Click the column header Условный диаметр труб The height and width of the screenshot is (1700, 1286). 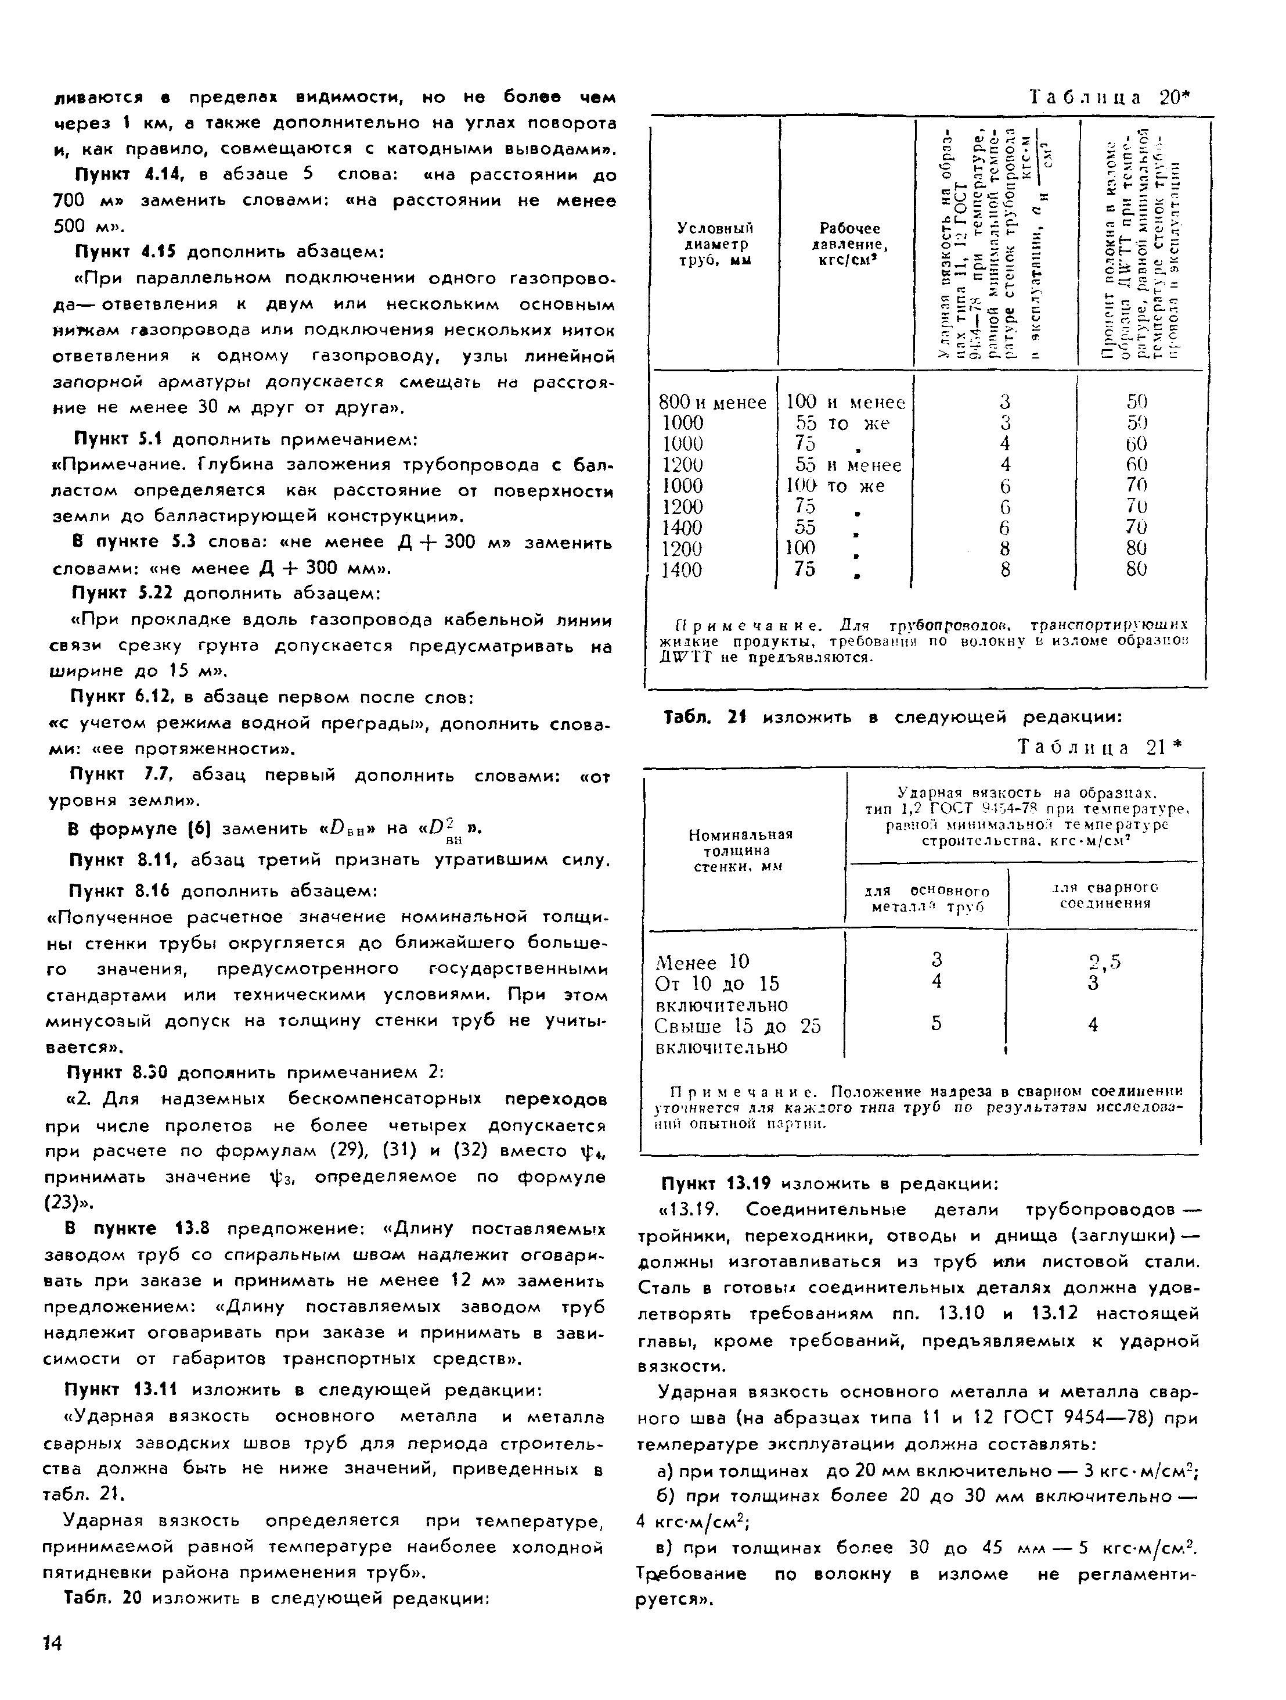click(x=715, y=243)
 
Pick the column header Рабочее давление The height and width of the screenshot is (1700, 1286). click(x=849, y=243)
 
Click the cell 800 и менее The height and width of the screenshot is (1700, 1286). click(x=713, y=402)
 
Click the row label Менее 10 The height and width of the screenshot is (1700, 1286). click(x=702, y=962)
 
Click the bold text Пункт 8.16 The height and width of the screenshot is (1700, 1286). click(x=120, y=891)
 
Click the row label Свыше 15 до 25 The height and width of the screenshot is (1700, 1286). click(x=737, y=1026)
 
